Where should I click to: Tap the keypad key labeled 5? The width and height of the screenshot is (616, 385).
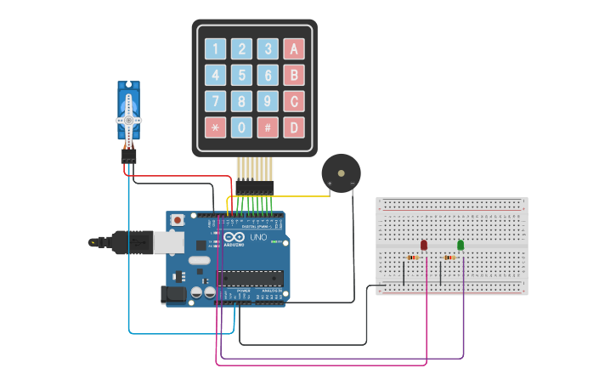click(x=242, y=75)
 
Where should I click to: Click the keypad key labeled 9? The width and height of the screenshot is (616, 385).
click(x=268, y=102)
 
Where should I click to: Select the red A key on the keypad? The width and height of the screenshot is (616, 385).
click(x=294, y=48)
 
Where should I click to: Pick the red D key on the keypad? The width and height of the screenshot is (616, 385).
click(x=294, y=128)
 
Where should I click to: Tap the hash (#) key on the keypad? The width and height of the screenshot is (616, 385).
click(x=268, y=128)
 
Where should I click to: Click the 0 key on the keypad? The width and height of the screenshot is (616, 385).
click(x=242, y=128)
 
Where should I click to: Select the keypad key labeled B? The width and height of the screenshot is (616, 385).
click(x=294, y=75)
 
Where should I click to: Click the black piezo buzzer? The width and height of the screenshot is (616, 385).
click(x=340, y=173)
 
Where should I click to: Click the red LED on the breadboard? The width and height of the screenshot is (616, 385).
click(x=424, y=245)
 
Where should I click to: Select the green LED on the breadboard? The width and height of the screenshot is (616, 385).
click(x=461, y=245)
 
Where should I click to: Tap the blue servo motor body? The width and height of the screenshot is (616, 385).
click(x=128, y=115)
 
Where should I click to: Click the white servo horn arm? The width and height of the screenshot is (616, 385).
click(x=128, y=108)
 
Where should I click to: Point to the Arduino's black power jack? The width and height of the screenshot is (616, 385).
click(x=173, y=294)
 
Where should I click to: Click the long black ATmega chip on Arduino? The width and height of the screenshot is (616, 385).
click(x=250, y=277)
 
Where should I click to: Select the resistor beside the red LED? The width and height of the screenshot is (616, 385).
click(x=413, y=257)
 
